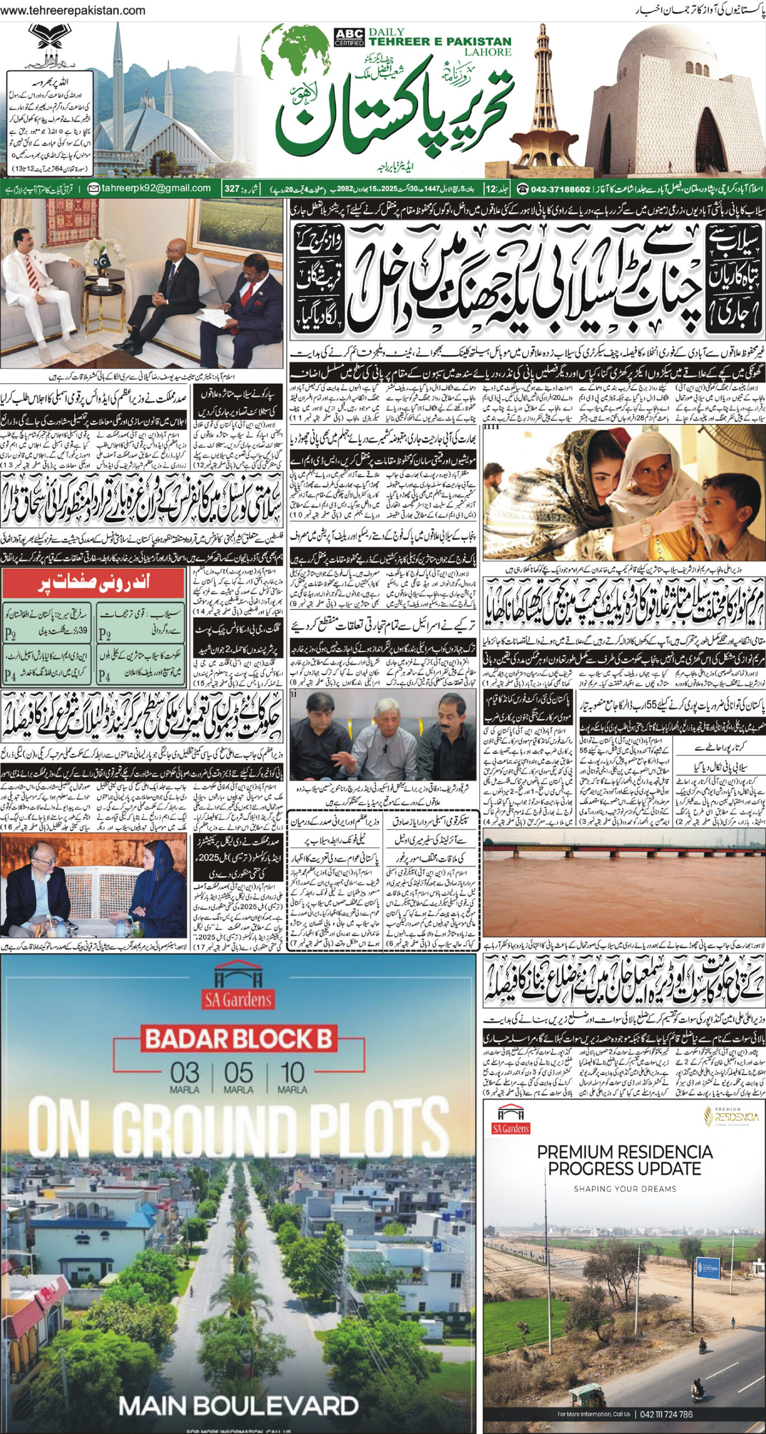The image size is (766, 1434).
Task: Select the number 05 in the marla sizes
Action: pos(239,1073)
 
